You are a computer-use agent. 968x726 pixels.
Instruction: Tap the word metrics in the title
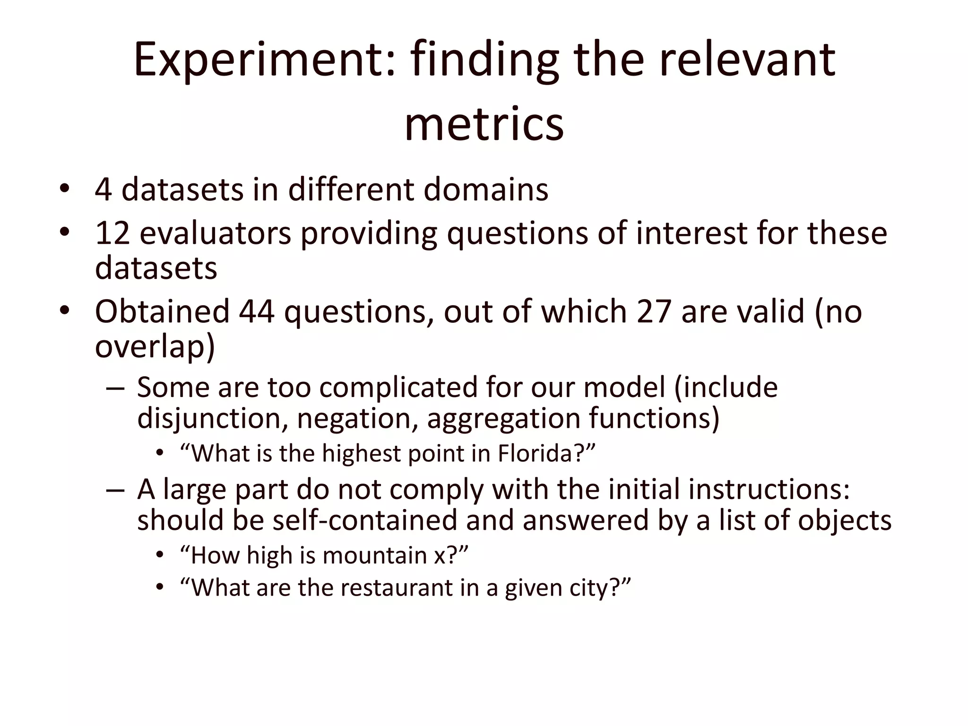click(484, 124)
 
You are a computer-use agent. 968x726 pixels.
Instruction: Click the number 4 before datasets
click(103, 190)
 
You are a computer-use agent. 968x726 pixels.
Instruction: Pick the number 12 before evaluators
click(112, 233)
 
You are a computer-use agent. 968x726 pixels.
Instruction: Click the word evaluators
click(216, 233)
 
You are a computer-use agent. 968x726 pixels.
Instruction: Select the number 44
click(256, 311)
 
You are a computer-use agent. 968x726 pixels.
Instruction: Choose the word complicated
click(398, 388)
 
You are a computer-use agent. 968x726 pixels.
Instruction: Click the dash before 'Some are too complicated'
click(115, 388)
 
